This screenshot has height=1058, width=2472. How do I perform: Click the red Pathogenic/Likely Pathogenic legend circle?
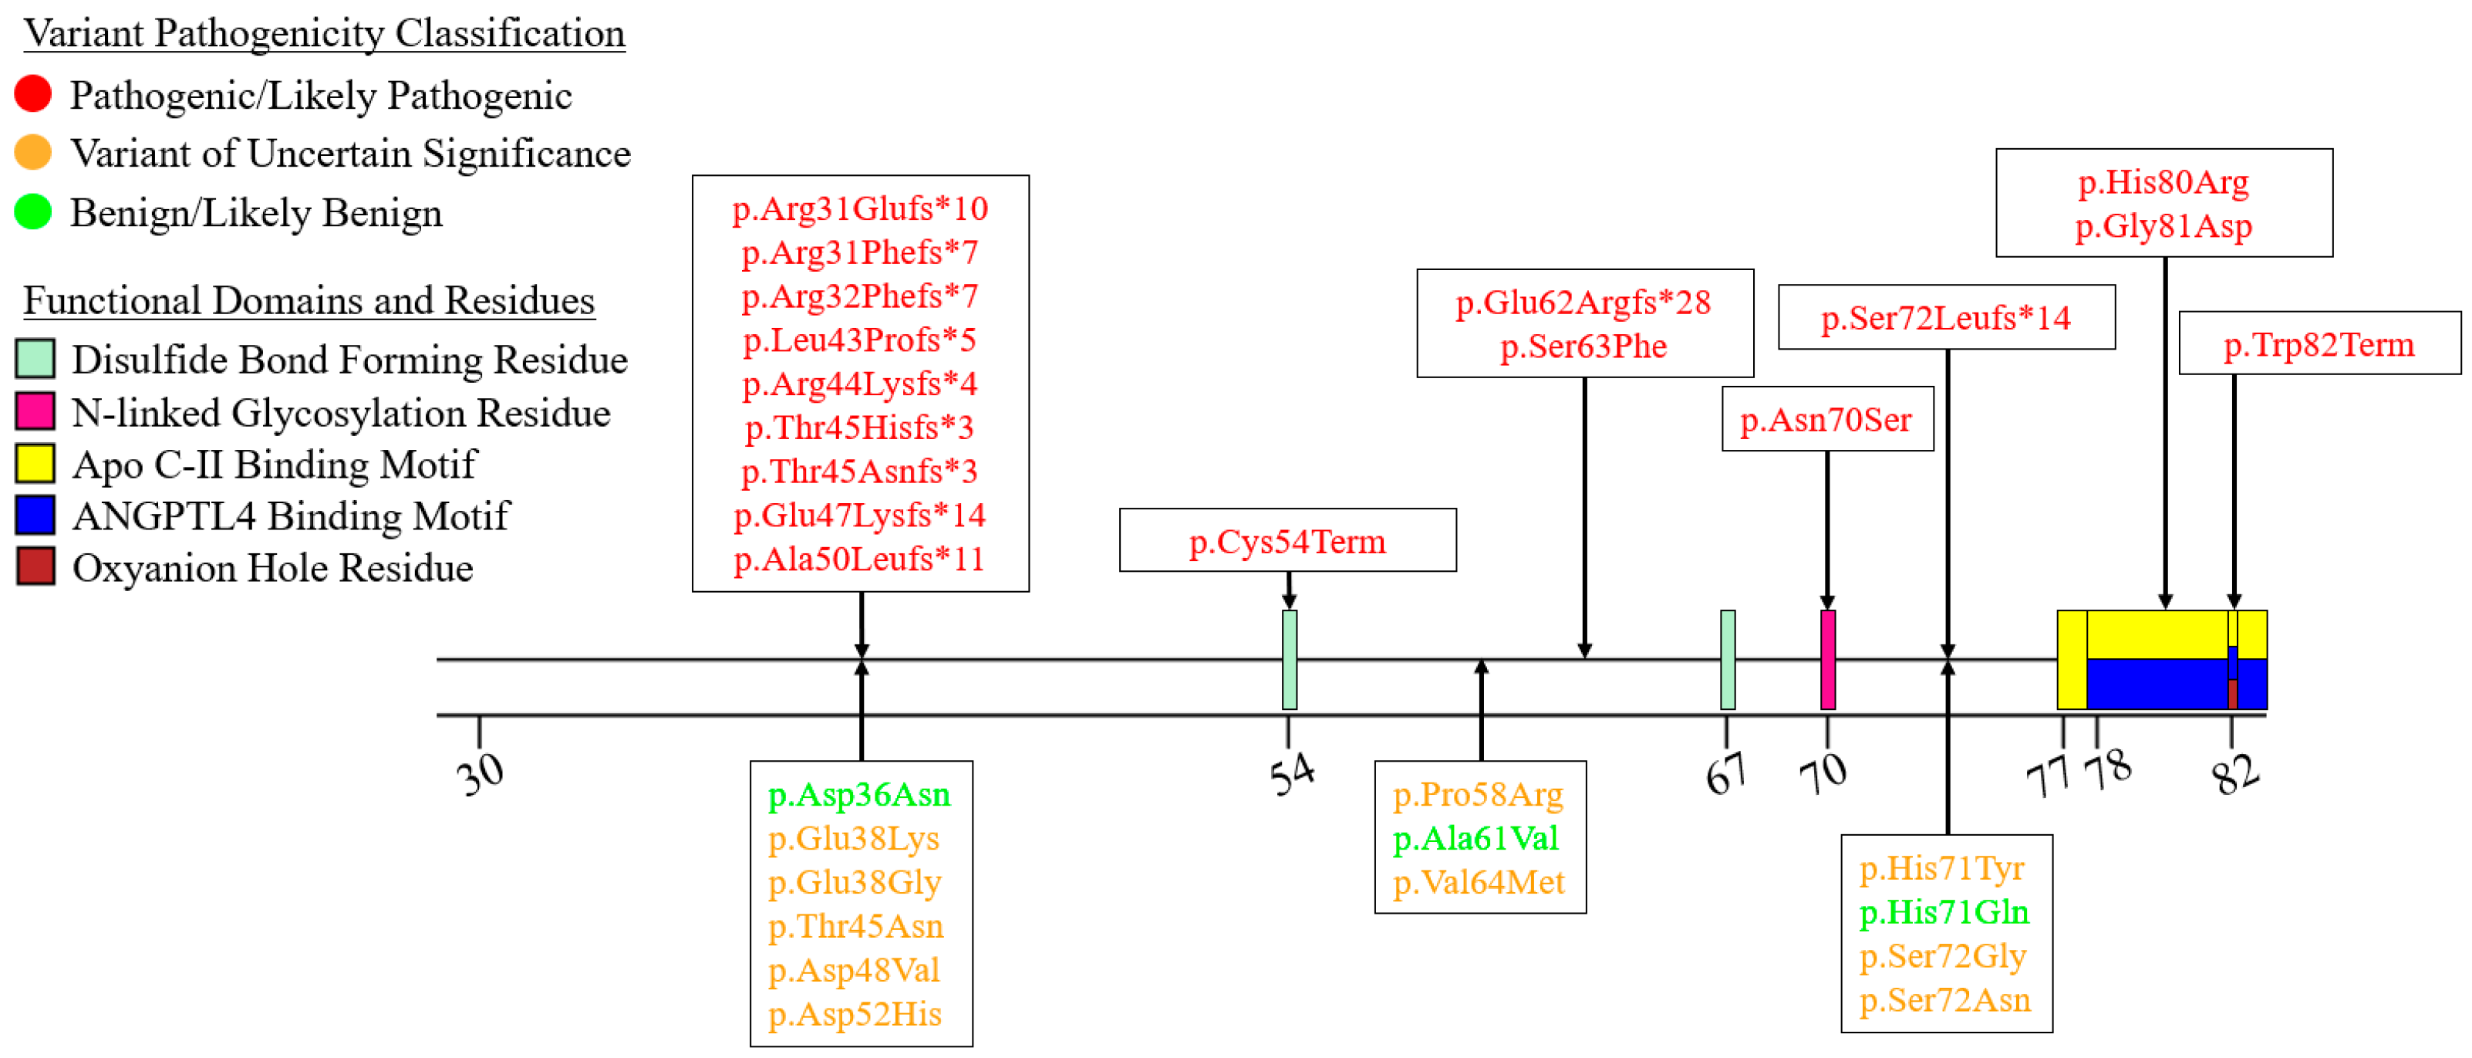click(x=32, y=94)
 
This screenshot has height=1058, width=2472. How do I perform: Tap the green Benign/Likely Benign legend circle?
click(x=32, y=212)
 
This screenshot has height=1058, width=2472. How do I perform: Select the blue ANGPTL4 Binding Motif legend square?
click(x=35, y=515)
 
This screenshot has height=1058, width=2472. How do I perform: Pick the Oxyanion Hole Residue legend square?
click(x=35, y=567)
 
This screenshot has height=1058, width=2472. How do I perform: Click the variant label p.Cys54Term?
click(x=1287, y=542)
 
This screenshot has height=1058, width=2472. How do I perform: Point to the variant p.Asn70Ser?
click(x=1826, y=420)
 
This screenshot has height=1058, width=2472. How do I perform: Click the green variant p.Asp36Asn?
click(x=859, y=795)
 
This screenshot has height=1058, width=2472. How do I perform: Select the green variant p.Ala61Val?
click(x=1475, y=839)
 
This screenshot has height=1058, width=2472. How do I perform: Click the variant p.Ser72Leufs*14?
click(x=1945, y=318)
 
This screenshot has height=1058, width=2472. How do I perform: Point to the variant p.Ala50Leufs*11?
click(x=859, y=559)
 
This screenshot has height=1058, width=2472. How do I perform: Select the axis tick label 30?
click(x=480, y=774)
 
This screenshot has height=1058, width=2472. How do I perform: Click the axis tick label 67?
click(x=1725, y=774)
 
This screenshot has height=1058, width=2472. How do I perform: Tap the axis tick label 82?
click(x=2235, y=774)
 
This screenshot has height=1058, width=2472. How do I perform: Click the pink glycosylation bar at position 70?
click(x=1827, y=661)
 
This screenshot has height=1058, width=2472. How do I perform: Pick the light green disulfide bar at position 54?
click(x=1289, y=661)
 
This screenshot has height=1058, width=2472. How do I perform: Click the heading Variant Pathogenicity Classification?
click(x=325, y=34)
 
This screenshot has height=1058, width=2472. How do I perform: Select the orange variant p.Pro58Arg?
click(x=1478, y=795)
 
